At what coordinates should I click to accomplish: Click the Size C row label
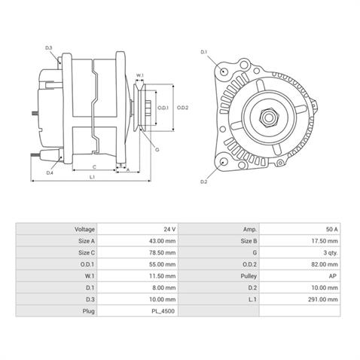click(87, 252)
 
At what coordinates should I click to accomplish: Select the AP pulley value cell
click(334, 276)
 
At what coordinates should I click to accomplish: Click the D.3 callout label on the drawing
click(48, 48)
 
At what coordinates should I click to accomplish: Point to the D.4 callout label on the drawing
click(49, 172)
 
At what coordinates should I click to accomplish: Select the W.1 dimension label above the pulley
click(139, 76)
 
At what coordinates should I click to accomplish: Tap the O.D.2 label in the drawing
click(182, 107)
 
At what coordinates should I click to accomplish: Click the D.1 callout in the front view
click(203, 52)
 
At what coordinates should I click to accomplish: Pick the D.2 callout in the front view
click(204, 182)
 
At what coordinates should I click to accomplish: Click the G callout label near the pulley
click(157, 149)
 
